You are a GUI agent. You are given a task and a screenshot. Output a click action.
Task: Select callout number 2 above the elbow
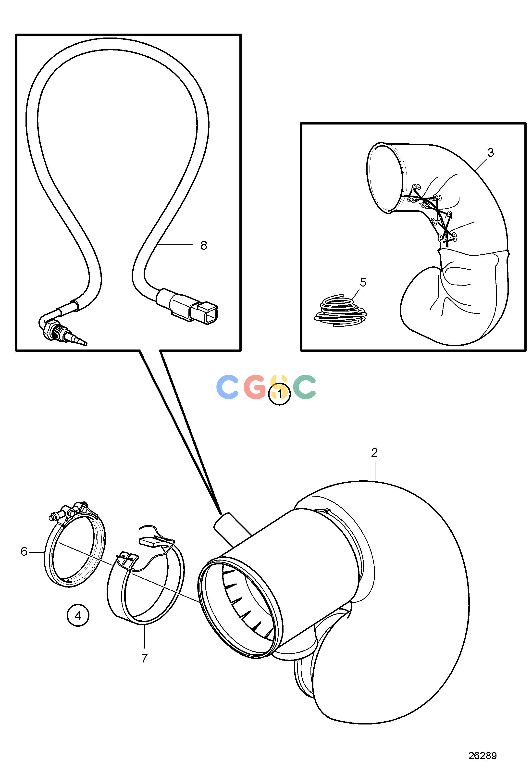coord(374,453)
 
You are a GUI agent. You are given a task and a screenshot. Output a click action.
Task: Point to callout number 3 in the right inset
coord(490,153)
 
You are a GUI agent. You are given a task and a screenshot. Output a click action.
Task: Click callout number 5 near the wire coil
coord(363,282)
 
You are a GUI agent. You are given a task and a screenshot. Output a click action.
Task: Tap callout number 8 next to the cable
coord(204,245)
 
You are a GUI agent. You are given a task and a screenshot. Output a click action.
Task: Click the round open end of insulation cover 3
coord(387,178)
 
